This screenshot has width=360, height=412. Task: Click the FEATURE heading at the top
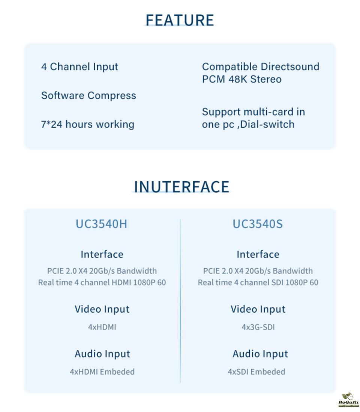tap(180, 20)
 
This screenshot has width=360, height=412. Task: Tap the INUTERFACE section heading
tap(181, 186)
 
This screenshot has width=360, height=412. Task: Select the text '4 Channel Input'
tap(79, 67)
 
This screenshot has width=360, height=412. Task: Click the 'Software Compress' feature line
tap(88, 95)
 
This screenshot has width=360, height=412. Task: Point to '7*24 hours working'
tap(87, 124)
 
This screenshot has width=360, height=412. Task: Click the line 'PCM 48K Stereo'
tap(241, 79)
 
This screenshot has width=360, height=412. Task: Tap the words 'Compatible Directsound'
tap(261, 67)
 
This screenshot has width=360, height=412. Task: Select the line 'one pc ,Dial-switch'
tap(248, 124)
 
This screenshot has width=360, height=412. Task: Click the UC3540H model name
tap(102, 224)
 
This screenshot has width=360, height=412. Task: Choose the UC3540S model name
tap(258, 224)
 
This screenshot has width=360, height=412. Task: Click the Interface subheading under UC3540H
tap(102, 254)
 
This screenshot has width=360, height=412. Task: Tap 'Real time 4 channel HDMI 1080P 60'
tap(102, 283)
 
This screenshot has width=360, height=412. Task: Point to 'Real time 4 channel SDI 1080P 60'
tap(258, 283)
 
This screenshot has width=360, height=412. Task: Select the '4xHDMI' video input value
tap(102, 327)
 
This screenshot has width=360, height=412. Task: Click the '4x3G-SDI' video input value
tap(258, 327)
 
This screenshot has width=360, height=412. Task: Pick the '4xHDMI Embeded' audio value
tap(102, 372)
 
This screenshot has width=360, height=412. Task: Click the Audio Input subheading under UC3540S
tap(260, 354)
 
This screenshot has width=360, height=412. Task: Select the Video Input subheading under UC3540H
tap(102, 309)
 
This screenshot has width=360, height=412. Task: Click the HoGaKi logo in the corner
tap(348, 400)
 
